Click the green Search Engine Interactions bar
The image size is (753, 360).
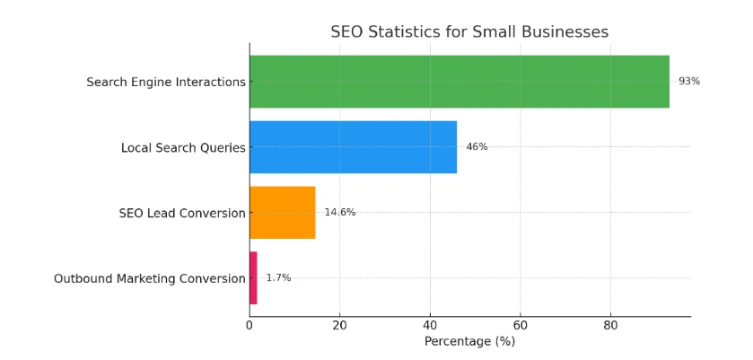click(x=459, y=82)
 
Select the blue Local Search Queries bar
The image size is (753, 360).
click(x=353, y=147)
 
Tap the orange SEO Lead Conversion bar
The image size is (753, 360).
click(x=282, y=213)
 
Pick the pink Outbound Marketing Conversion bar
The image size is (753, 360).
click(x=253, y=278)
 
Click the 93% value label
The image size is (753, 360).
click(x=688, y=82)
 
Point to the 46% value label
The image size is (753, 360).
click(x=477, y=147)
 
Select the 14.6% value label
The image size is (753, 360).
click(x=339, y=213)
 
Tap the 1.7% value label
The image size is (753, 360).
click(x=278, y=278)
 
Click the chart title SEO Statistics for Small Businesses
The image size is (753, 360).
click(x=468, y=32)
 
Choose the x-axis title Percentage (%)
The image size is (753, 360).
click(x=469, y=342)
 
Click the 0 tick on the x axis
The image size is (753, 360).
click(x=250, y=325)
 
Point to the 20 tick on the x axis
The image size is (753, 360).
click(x=339, y=325)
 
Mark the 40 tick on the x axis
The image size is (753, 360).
click(x=430, y=325)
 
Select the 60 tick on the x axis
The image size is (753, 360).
click(x=521, y=325)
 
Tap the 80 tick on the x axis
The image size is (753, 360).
click(x=610, y=325)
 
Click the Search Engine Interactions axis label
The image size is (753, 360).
click(x=165, y=83)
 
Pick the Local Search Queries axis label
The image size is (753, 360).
click(x=183, y=148)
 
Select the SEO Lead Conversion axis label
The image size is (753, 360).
click(x=181, y=214)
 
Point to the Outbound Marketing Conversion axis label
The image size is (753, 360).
click(x=149, y=279)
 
